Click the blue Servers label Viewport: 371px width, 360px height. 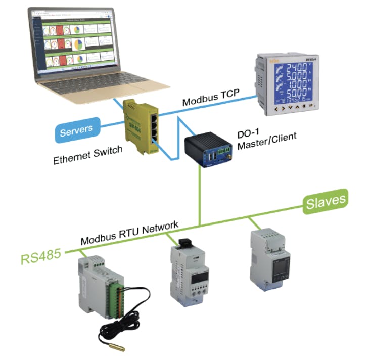point(76,131)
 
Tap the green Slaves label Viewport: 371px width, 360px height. point(326,202)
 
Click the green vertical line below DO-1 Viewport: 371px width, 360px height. point(201,197)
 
